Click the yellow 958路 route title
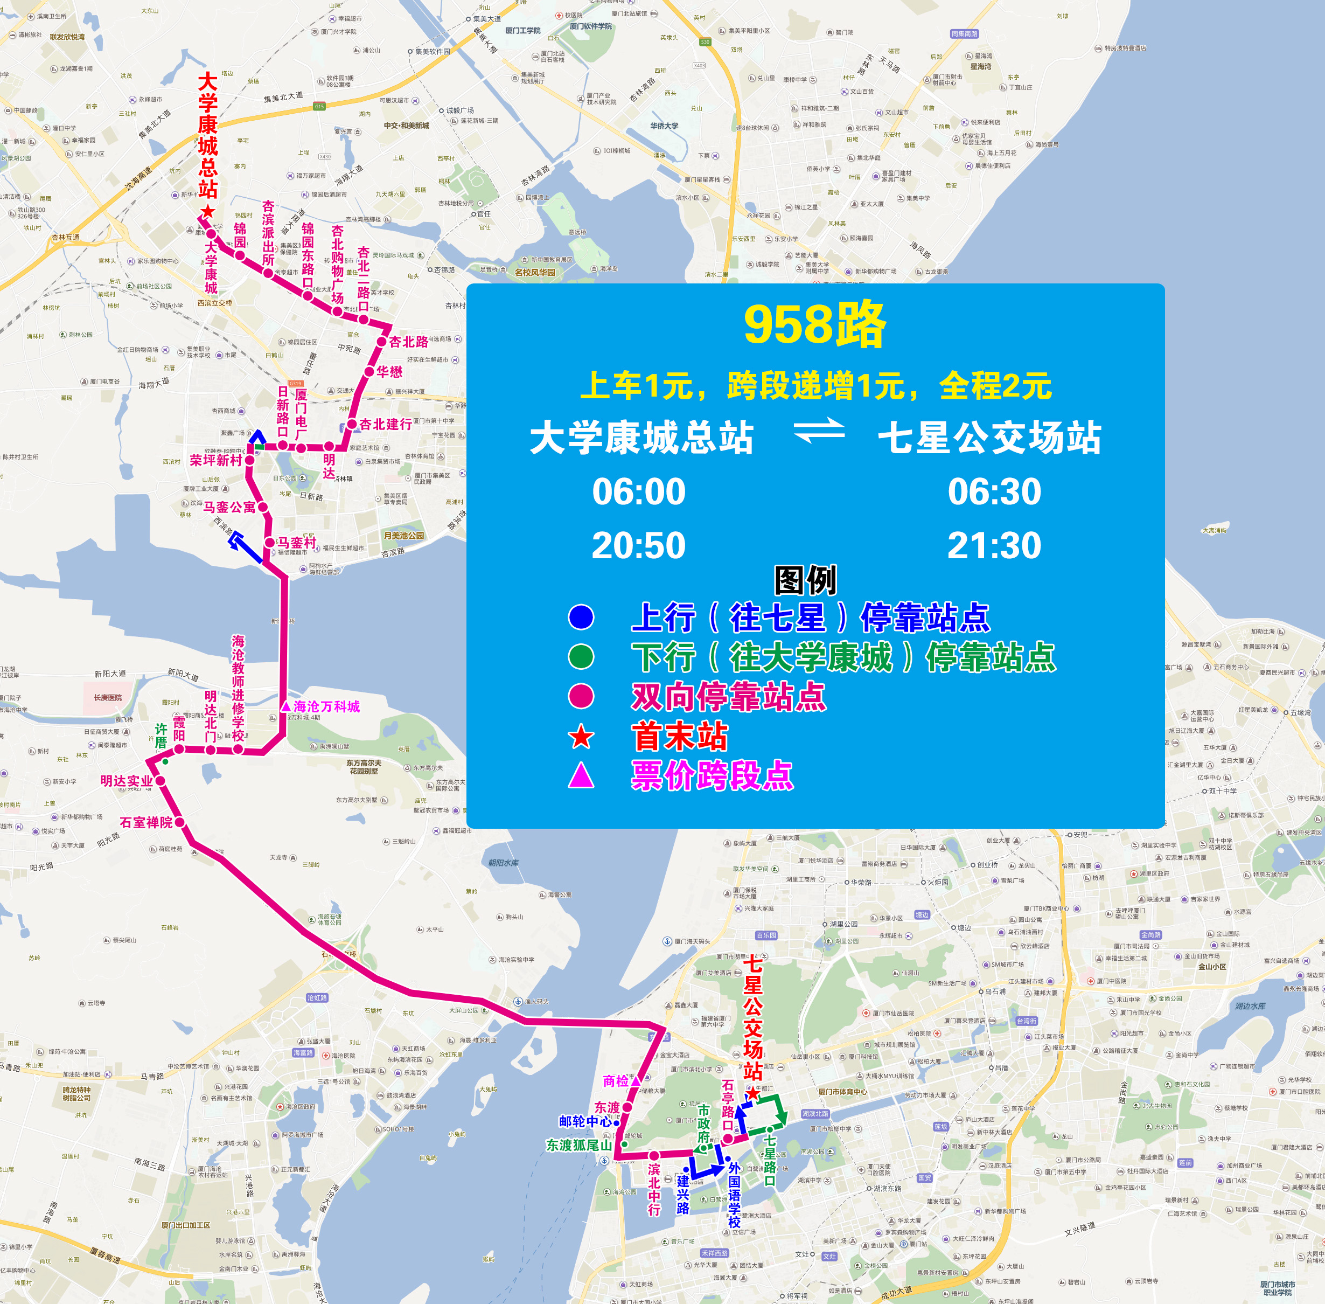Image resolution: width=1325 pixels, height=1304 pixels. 814,324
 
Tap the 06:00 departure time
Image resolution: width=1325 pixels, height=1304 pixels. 638,492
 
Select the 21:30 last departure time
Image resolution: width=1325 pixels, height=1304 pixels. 994,546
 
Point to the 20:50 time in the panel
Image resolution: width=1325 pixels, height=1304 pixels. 638,546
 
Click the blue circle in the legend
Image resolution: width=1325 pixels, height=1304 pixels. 581,617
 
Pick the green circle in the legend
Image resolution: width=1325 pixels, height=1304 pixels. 581,657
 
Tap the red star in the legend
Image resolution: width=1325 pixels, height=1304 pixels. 581,737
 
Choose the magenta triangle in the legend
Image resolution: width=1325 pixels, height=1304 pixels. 581,776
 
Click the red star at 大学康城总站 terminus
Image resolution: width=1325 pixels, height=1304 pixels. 208,212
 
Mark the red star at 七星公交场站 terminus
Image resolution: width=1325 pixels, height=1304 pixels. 752,1094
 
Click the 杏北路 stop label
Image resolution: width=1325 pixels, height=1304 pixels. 408,342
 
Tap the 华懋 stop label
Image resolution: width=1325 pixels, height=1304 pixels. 389,372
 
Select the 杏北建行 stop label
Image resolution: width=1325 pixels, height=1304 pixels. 386,425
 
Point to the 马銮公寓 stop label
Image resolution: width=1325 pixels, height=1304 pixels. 229,508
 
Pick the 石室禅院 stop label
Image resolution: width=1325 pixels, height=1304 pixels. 146,822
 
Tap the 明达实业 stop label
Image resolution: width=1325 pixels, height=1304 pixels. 127,781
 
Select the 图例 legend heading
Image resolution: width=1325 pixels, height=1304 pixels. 805,581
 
